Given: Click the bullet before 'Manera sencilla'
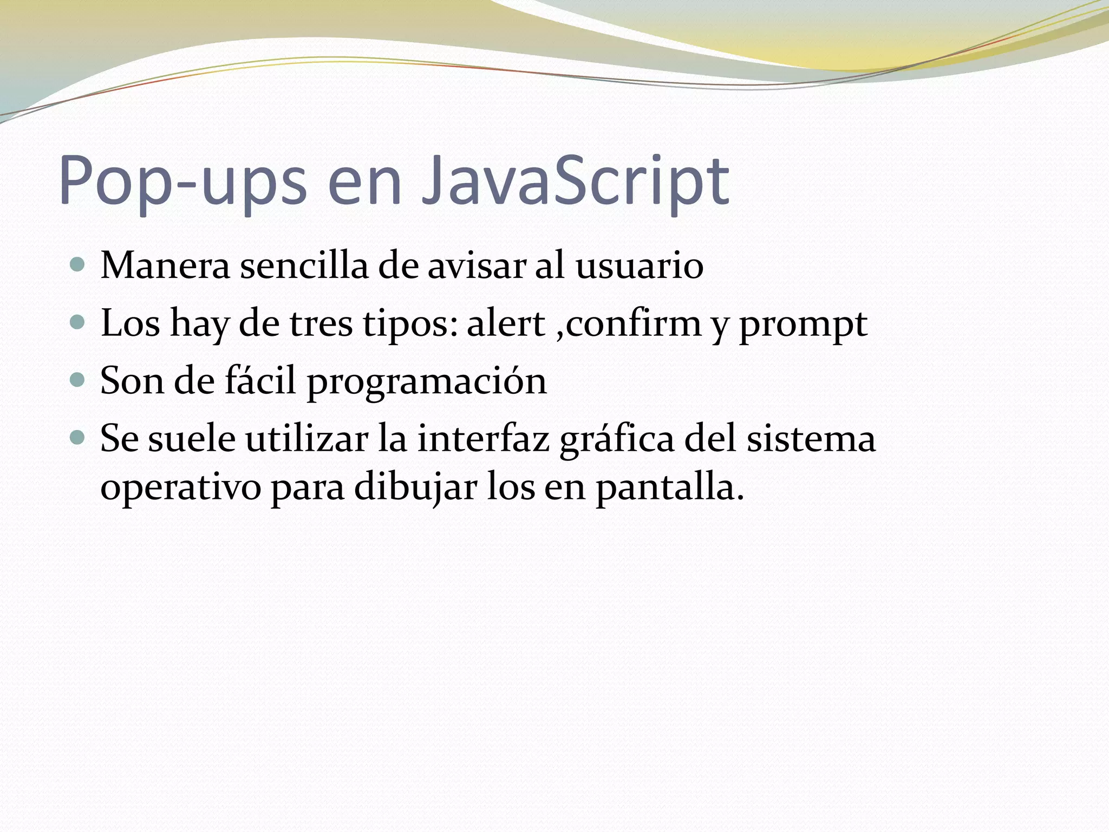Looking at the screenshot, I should pos(78,265).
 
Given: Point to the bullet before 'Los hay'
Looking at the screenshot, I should pos(78,323).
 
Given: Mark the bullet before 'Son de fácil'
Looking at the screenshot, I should pos(78,380).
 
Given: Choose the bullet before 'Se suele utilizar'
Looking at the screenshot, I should pos(78,438).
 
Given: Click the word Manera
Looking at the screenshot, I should pos(165,266).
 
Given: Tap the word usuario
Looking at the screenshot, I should pos(639,266).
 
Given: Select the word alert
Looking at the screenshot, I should pos(506,324).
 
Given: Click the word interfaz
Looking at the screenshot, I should pos(484,439).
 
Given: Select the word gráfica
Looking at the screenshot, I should pos(617,440).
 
